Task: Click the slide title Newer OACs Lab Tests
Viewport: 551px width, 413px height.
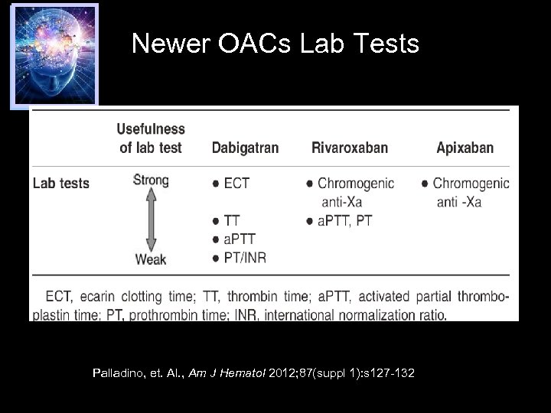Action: pyautogui.click(x=275, y=44)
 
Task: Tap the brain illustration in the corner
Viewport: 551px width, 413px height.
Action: pyautogui.click(x=54, y=54)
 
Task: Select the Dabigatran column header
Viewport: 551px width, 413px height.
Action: pyautogui.click(x=245, y=148)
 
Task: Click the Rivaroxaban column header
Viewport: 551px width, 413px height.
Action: pyautogui.click(x=350, y=148)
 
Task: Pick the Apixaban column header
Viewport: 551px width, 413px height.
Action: pyautogui.click(x=465, y=148)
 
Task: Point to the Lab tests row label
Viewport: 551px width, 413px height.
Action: pyautogui.click(x=61, y=184)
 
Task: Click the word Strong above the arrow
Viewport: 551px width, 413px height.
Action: pyautogui.click(x=151, y=180)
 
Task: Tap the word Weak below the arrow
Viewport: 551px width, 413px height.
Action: pyautogui.click(x=151, y=259)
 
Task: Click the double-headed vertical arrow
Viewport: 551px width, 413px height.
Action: pyautogui.click(x=151, y=220)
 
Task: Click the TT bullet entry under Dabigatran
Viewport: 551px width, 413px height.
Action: pyautogui.click(x=231, y=221)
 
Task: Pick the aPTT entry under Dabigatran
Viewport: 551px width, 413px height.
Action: pyautogui.click(x=239, y=239)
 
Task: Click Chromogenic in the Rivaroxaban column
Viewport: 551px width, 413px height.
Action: pyautogui.click(x=356, y=184)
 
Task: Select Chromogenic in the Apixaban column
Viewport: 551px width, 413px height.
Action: pyautogui.click(x=471, y=184)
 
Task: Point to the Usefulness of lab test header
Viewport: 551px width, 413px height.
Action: pyautogui.click(x=151, y=138)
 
